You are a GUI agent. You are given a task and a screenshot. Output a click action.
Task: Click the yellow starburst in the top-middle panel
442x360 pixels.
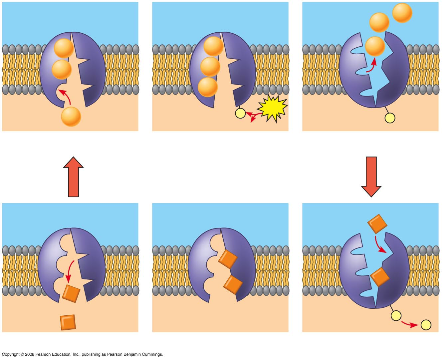point(272,108)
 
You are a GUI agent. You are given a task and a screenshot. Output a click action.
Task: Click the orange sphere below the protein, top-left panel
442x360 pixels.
point(71,117)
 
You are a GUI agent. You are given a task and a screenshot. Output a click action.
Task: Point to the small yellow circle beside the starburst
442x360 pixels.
point(240,113)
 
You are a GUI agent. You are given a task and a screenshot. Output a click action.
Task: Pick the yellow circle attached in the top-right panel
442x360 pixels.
point(390,118)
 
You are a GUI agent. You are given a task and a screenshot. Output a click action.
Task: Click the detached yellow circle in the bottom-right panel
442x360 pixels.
point(426,325)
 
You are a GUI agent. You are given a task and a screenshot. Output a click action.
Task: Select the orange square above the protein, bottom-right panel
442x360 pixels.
point(377,223)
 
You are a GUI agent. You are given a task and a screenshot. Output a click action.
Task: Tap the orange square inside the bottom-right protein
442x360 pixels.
point(379,277)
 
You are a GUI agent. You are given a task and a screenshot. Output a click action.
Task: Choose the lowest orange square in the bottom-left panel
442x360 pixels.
point(68,322)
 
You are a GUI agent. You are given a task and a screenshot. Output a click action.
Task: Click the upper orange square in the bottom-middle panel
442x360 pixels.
point(228,259)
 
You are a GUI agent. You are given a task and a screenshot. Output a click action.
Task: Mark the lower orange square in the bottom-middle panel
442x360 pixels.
point(233,284)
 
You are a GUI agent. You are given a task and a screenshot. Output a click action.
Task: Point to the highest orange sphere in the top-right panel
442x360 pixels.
point(402,13)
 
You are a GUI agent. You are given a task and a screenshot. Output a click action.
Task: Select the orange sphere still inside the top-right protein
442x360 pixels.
point(375,46)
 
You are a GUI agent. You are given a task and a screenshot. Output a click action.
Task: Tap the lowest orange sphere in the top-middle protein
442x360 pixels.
point(208,87)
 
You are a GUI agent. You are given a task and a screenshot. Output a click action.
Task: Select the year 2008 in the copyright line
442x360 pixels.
point(30,354)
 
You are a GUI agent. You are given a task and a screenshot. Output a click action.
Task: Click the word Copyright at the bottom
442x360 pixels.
point(11,354)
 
